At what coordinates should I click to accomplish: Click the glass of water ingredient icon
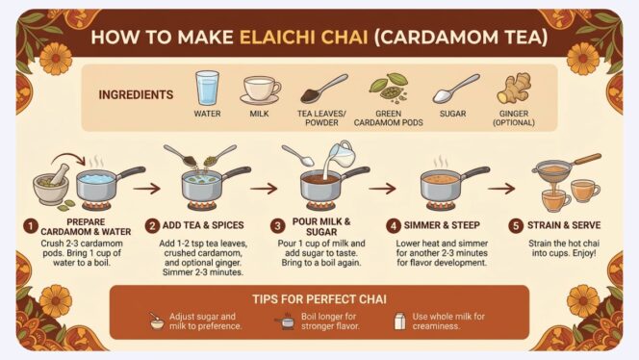[x=207, y=88]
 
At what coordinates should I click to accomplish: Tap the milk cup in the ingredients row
[x=261, y=90]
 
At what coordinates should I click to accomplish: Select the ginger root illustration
[x=514, y=89]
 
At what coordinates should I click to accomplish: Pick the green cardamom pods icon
[x=389, y=88]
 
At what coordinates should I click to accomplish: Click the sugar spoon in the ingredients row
[x=455, y=89]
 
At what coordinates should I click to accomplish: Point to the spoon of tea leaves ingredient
[x=323, y=89]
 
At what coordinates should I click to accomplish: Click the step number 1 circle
[x=31, y=226]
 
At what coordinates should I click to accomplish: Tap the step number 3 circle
[x=278, y=226]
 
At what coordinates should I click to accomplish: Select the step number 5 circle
[x=516, y=225]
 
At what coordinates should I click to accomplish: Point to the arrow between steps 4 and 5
[x=501, y=189]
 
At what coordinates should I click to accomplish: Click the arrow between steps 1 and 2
[x=146, y=189]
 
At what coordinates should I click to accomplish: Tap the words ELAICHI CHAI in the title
[x=303, y=38]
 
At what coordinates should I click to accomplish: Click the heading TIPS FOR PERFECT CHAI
[x=319, y=299]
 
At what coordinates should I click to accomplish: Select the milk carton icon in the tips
[x=400, y=321]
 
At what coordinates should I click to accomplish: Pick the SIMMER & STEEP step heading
[x=442, y=225]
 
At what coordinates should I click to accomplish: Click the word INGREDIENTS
[x=136, y=94]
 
